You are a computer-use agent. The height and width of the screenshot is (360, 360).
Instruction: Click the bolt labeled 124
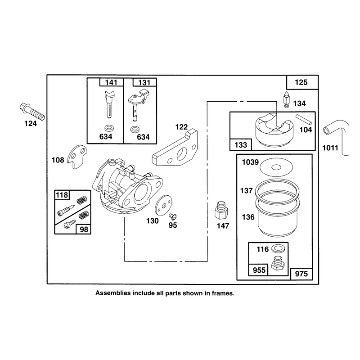pos(32,112)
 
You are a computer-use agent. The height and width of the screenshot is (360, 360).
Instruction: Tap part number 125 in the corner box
pos(301,82)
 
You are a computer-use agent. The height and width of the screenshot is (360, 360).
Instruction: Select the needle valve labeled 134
pos(286,99)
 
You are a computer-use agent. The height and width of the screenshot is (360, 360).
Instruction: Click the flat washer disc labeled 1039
pos(276,167)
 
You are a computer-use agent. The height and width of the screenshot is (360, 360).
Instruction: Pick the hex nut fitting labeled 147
pos(221,210)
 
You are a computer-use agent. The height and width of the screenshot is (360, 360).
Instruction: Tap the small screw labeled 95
pos(172,216)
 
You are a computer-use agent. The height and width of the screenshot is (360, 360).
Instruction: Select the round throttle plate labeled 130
pos(163,205)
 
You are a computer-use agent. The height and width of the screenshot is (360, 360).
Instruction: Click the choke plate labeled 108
pos(77,156)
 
